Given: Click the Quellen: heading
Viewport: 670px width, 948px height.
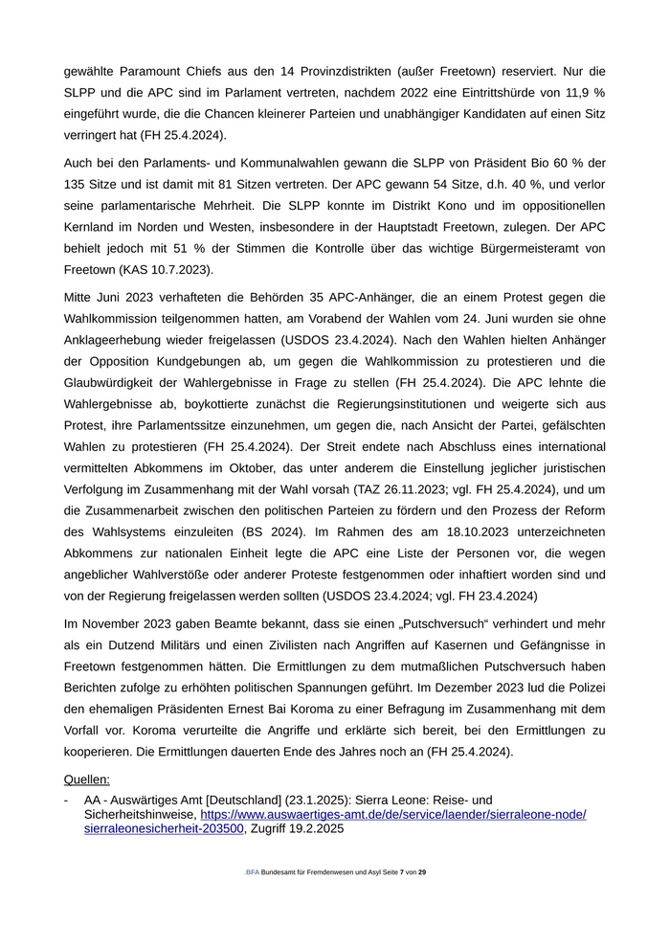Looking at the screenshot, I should click(x=86, y=779).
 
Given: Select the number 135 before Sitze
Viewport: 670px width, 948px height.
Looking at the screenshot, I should click(x=77, y=183).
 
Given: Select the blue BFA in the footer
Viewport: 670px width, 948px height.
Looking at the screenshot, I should click(x=252, y=872).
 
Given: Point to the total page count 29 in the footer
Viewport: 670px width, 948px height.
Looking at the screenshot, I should click(x=423, y=872).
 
